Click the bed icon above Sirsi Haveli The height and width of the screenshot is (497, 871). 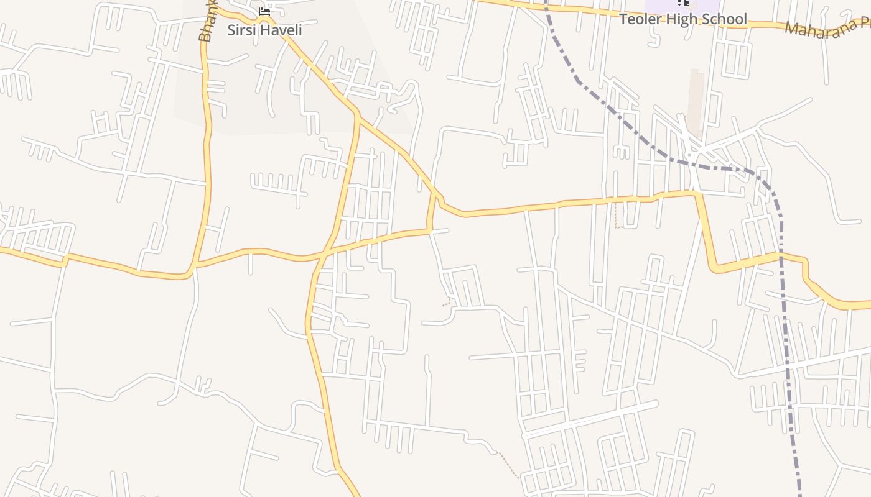coord(264,11)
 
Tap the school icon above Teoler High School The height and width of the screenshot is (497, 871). coord(682,3)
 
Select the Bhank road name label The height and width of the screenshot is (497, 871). coord(206,25)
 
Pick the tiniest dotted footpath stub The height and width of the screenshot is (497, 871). coord(446,304)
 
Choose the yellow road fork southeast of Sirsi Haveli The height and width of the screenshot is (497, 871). coord(357,116)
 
